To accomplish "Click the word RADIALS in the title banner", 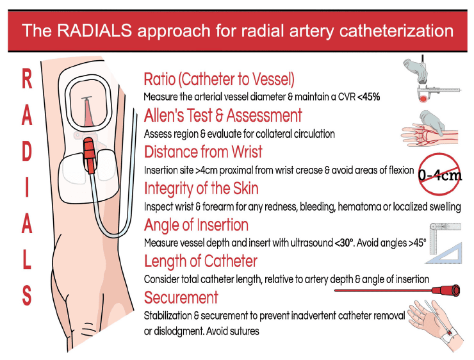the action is click(x=95, y=31).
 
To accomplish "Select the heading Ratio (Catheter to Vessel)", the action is click(x=219, y=79).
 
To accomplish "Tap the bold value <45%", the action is click(x=368, y=97).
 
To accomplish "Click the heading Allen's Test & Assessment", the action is click(x=223, y=115).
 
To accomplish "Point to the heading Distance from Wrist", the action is click(x=203, y=152).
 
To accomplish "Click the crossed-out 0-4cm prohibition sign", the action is click(x=440, y=174).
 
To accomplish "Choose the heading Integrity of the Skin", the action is click(x=201, y=188).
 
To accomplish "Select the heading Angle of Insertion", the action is click(x=196, y=225).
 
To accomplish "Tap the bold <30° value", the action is click(x=344, y=243).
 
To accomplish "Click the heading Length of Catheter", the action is click(x=200, y=261).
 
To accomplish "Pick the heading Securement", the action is click(x=181, y=297).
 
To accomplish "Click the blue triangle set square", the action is click(x=445, y=252).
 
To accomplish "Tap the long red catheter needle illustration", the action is click(x=398, y=290).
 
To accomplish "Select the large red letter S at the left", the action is click(x=27, y=295).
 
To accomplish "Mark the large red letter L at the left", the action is click(x=27, y=259).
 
